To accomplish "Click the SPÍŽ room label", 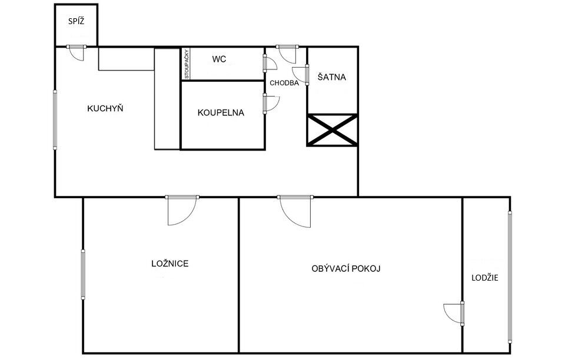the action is point(77,21).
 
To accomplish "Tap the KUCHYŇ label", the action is point(105,108).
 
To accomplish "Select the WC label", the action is point(219,59).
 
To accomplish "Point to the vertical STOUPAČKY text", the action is point(187,64).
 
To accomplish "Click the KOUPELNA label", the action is point(221,113).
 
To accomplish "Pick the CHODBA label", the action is point(284,83).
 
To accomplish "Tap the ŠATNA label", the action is point(331,77).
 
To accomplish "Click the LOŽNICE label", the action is point(169,264).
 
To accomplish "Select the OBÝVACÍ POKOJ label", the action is point(346,269).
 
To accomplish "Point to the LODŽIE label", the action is point(485,278).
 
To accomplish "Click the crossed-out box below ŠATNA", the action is point(332,130).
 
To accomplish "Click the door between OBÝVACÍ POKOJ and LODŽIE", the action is point(454,314).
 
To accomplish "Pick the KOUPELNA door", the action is point(271,104).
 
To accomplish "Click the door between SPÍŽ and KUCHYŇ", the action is point(77,53).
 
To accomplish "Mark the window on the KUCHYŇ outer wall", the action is point(55,120).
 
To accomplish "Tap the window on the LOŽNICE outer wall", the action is point(83,275).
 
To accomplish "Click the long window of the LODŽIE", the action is point(510,278).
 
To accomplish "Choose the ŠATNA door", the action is point(300,75).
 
